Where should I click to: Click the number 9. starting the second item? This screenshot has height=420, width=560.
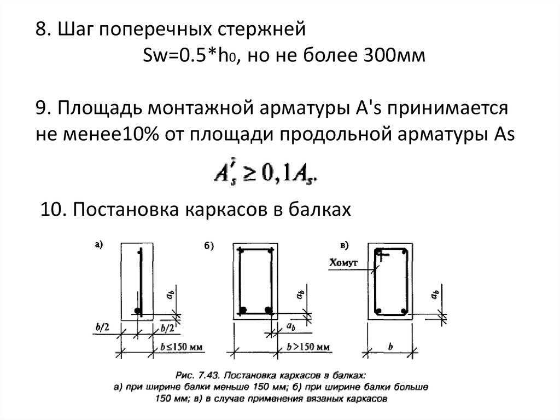(44, 108)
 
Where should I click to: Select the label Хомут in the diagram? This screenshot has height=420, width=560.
(343, 263)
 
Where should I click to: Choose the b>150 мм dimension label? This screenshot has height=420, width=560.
(308, 347)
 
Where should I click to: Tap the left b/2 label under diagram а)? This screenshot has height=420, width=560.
(102, 327)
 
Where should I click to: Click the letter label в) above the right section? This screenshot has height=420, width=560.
(344, 245)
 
